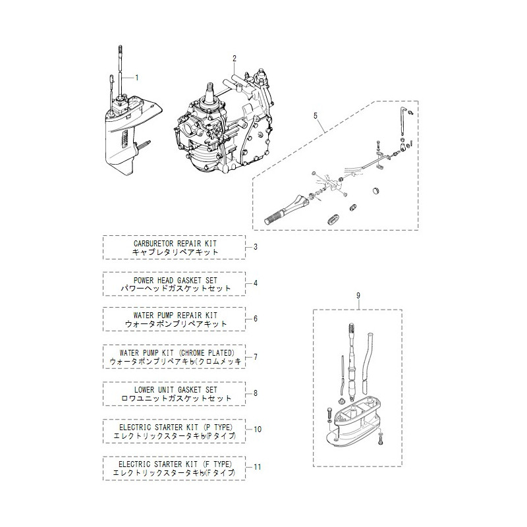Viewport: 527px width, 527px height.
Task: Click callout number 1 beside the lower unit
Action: [x=137, y=77]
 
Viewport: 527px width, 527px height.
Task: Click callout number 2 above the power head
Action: [x=234, y=59]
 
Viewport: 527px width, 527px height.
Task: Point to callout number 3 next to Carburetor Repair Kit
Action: [x=256, y=247]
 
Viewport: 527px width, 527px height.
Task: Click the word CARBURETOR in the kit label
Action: [x=154, y=243]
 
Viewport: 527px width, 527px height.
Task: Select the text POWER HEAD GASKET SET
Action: [x=175, y=279]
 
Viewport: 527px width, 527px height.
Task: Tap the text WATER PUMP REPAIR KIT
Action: [x=175, y=315]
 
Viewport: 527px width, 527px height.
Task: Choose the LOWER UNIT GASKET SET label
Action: [x=175, y=389]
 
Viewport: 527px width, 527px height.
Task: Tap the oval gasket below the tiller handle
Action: [x=334, y=217]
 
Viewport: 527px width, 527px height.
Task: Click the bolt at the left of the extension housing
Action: [x=327, y=416]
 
